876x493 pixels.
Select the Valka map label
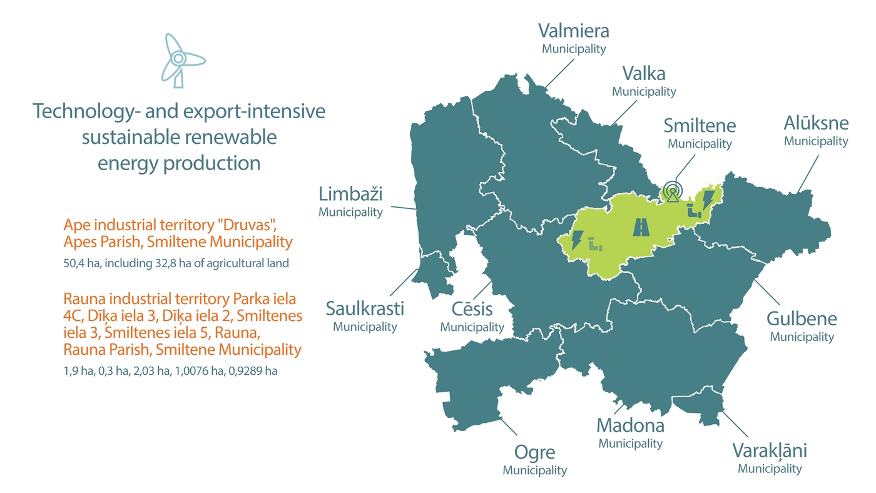point(643,74)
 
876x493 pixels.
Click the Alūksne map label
point(816,123)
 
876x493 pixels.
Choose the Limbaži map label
point(350,195)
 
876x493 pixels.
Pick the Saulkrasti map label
point(365,309)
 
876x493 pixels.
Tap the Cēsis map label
point(472,310)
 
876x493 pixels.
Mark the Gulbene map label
point(802,319)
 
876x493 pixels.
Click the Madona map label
point(630,426)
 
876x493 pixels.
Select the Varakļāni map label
point(770,451)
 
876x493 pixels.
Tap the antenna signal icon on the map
point(672,191)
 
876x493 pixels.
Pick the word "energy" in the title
point(127,163)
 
